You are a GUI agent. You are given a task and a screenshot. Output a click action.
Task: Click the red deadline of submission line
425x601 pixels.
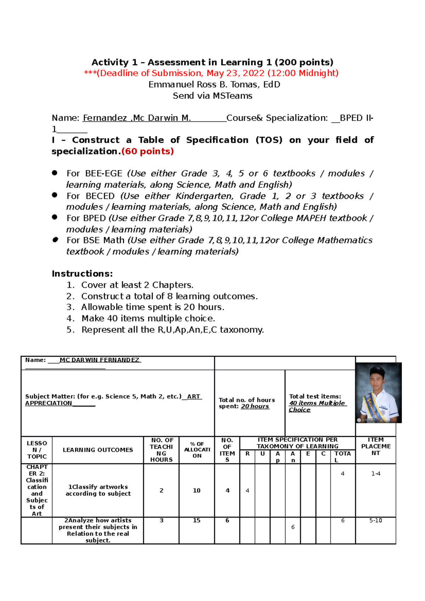point(211,73)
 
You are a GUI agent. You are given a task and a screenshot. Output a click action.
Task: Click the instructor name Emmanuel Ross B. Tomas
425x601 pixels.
point(214,85)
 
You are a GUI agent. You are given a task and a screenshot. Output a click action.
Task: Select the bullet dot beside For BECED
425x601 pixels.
point(55,195)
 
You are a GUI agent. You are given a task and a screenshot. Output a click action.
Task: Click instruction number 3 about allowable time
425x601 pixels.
point(152,307)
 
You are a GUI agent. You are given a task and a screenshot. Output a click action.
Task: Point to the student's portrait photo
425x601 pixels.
point(378,393)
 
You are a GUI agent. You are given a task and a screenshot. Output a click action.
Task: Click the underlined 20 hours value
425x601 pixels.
point(255,406)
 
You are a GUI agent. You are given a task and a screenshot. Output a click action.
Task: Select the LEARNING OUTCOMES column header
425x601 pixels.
point(98,450)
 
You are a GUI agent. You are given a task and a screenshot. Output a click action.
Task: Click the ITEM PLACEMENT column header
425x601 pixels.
point(375,446)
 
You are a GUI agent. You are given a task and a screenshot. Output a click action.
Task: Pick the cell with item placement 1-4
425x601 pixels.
point(375,474)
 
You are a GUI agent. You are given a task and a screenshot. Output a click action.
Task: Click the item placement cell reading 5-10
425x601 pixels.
point(375,521)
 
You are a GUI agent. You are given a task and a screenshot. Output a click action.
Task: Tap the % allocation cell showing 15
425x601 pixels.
point(197,521)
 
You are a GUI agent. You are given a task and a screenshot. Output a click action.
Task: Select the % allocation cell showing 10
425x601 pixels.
point(197,491)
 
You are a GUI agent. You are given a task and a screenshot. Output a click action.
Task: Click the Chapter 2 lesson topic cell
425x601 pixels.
point(36,490)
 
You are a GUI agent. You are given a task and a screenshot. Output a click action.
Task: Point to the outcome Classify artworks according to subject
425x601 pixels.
point(98,490)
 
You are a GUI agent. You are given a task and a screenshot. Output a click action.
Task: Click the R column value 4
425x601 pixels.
point(247,491)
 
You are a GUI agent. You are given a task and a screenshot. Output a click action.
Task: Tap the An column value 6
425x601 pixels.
point(293,527)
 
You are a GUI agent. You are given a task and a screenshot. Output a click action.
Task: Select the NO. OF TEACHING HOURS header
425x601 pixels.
point(161,450)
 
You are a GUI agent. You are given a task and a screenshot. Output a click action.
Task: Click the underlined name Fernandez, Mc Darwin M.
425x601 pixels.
point(137,118)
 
